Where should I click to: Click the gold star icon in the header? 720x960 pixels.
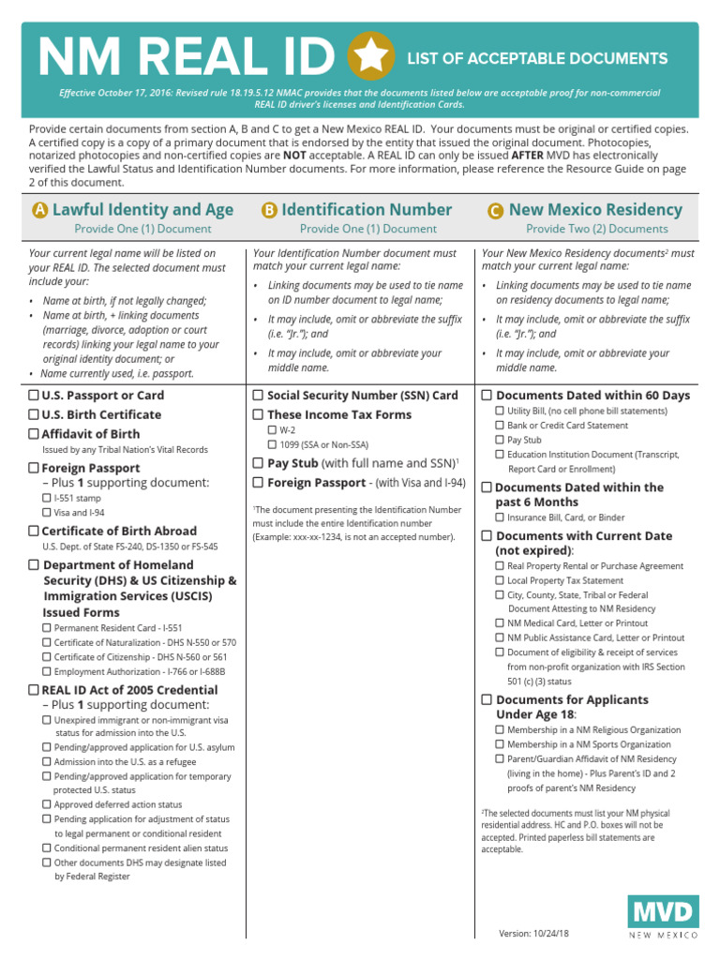(371, 57)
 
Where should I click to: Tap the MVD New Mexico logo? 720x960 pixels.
(663, 916)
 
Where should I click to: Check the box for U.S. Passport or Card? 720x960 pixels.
(34, 396)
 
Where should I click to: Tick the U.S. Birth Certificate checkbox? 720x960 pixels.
(34, 414)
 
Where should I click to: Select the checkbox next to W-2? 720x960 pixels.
(272, 429)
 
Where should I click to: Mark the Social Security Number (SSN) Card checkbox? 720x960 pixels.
(258, 396)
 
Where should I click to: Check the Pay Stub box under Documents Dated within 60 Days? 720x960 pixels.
(500, 440)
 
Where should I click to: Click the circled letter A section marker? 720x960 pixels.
(39, 211)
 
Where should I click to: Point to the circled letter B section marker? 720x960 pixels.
(269, 211)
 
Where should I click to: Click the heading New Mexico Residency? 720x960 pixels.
(595, 210)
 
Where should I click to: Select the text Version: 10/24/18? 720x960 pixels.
(534, 934)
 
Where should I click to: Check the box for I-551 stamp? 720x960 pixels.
(48, 498)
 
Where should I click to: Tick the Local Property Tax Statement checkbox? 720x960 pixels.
(500, 580)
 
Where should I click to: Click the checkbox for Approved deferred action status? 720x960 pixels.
(48, 804)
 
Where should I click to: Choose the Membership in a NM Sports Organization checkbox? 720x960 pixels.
(500, 744)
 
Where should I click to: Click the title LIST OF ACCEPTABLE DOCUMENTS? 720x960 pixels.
(537, 58)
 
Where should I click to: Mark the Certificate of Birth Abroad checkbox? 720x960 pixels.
(34, 531)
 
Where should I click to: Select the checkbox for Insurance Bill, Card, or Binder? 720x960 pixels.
(500, 517)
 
